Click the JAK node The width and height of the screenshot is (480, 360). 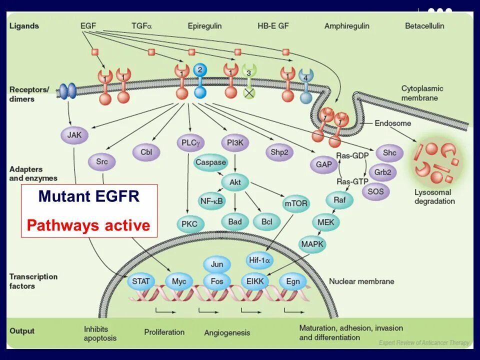click(x=73, y=135)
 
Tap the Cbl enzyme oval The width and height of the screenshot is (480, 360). click(x=146, y=152)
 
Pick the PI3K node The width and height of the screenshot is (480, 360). click(x=234, y=142)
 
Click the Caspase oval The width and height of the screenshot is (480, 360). click(x=210, y=162)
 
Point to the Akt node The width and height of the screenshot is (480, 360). click(x=234, y=182)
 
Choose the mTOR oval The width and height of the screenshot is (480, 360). click(x=295, y=203)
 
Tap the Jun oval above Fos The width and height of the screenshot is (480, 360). click(x=217, y=264)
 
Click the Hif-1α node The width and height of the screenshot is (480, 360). click(x=260, y=260)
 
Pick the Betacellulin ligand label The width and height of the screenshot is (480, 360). click(x=424, y=25)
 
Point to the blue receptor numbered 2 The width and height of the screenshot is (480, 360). click(x=199, y=70)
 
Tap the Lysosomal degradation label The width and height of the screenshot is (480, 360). click(x=434, y=196)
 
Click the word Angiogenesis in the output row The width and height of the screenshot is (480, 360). click(x=227, y=332)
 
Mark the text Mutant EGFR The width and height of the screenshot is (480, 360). click(x=89, y=196)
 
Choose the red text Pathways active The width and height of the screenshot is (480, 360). click(x=88, y=225)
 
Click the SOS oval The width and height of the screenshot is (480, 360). click(x=375, y=191)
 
